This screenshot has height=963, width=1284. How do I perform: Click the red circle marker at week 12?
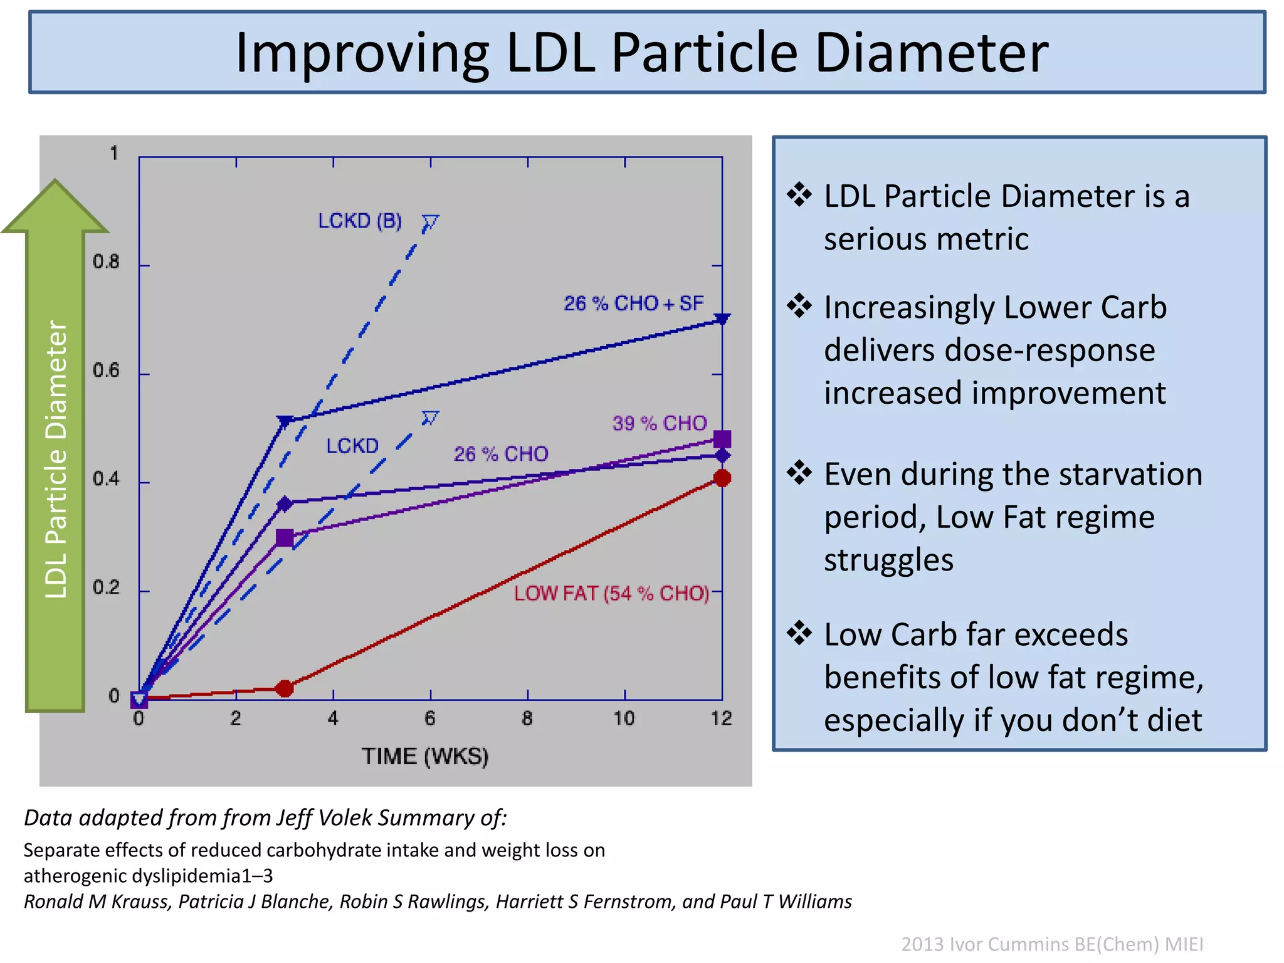pyautogui.click(x=722, y=478)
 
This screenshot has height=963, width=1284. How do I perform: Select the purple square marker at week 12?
pyautogui.click(x=722, y=439)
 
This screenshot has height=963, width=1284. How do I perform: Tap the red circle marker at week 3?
pyautogui.click(x=285, y=688)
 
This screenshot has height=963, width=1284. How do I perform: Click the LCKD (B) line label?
pyautogui.click(x=360, y=221)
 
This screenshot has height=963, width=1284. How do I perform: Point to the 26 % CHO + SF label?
pyautogui.click(x=633, y=303)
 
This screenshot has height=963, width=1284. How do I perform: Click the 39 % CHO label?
pyautogui.click(x=660, y=423)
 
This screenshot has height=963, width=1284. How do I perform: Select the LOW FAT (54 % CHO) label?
pyautogui.click(x=611, y=593)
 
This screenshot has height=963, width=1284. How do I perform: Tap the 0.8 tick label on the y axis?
pyautogui.click(x=106, y=262)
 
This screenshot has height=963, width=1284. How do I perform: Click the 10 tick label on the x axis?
pyautogui.click(x=624, y=718)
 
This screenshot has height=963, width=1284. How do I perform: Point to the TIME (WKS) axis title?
pyautogui.click(x=425, y=756)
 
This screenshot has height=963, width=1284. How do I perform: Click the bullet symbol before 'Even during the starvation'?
pyautogui.click(x=799, y=473)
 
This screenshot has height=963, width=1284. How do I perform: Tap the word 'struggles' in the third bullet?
pyautogui.click(x=888, y=559)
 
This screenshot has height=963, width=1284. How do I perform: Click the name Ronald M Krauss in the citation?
pyautogui.click(x=97, y=901)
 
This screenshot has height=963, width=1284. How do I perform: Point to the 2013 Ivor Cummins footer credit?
pyautogui.click(x=1052, y=944)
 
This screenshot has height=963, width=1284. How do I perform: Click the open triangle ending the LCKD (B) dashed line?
pyautogui.click(x=430, y=222)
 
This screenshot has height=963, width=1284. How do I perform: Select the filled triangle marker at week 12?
pyautogui.click(x=722, y=319)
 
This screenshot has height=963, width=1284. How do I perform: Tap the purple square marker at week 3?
pyautogui.click(x=285, y=537)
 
